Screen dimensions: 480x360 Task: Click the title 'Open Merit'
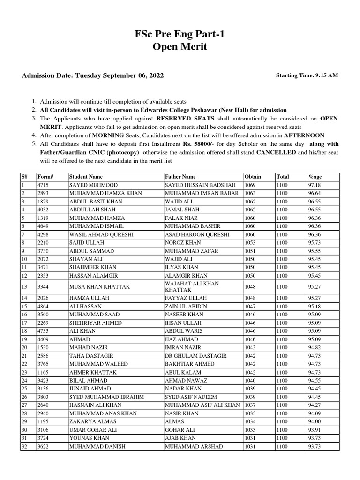[x=180, y=47]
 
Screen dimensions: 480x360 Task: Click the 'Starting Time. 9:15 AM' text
[x=307, y=75]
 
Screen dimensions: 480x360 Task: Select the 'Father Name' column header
[x=180, y=177]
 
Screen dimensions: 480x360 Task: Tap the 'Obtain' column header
[x=253, y=177]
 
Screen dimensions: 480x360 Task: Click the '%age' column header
[x=315, y=177]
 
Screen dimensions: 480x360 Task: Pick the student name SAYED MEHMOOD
[x=93, y=185]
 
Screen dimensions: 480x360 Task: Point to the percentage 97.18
[x=314, y=185]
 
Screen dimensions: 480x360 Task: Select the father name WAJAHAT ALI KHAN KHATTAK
[x=192, y=287]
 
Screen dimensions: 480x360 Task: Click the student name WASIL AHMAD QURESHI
[x=101, y=234]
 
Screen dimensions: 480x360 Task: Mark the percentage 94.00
[x=314, y=421]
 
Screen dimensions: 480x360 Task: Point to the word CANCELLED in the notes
[x=276, y=152]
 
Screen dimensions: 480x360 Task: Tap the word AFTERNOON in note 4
[x=304, y=135]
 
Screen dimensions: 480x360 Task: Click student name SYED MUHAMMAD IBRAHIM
[x=106, y=397]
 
